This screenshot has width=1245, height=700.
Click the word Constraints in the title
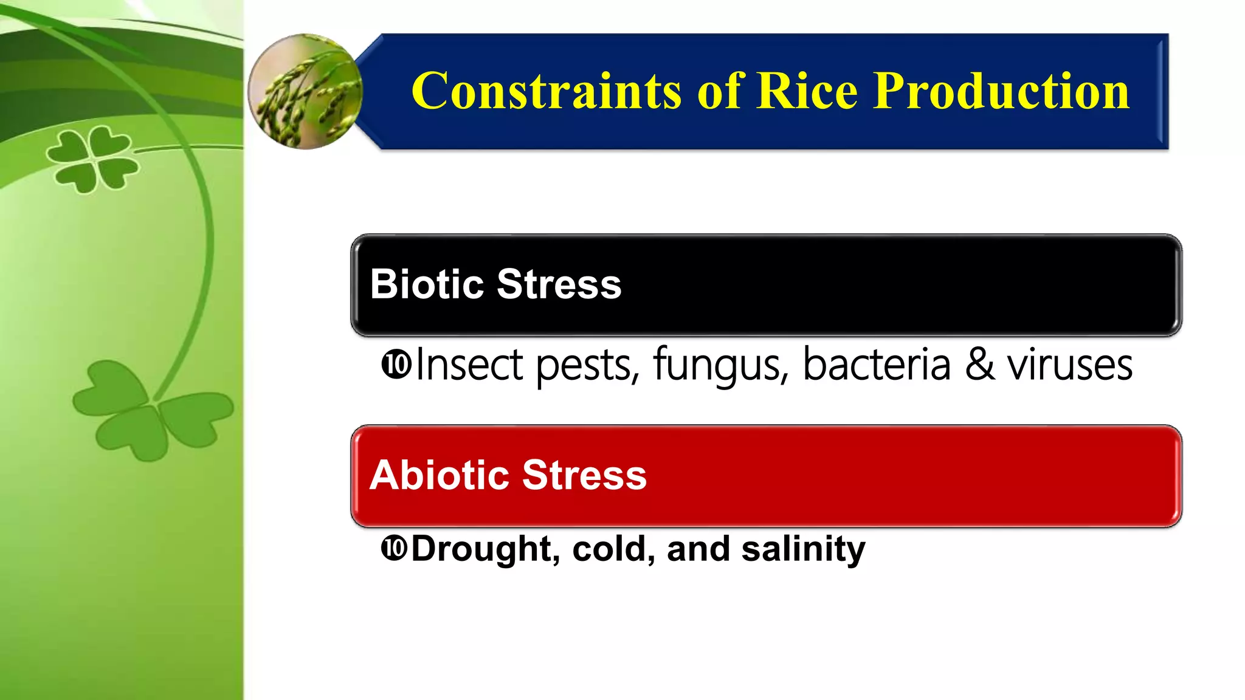click(x=546, y=91)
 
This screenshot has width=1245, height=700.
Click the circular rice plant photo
click(x=305, y=91)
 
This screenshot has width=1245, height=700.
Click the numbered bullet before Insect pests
click(x=396, y=365)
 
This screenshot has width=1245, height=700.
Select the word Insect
click(x=469, y=365)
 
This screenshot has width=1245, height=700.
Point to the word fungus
click(x=720, y=365)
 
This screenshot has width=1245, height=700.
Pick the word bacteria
click(x=876, y=365)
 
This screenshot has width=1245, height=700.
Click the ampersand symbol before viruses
click(x=980, y=365)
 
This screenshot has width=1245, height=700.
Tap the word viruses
click(x=1069, y=365)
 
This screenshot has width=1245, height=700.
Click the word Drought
click(x=481, y=549)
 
